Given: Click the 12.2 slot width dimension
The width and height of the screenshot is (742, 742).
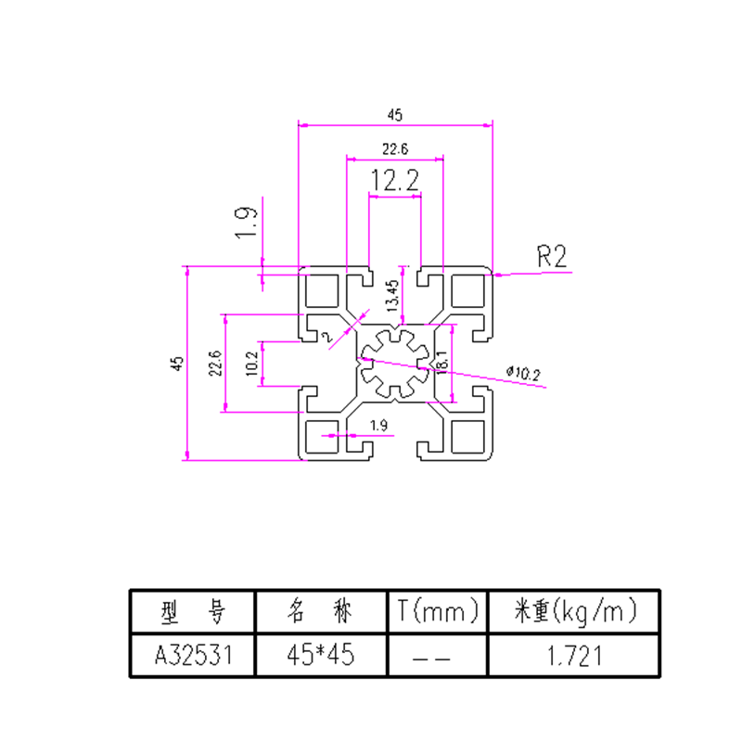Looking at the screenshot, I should tap(394, 181).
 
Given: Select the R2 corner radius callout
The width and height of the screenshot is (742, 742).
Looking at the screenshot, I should tap(552, 256).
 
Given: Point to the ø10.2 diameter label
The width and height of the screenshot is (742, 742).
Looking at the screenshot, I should tap(523, 373).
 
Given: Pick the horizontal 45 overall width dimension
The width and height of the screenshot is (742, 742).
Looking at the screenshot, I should tap(395, 115).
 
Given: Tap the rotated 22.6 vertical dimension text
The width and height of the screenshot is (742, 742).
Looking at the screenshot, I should tap(215, 364).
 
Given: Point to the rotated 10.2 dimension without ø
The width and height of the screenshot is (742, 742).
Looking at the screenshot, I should tap(251, 364).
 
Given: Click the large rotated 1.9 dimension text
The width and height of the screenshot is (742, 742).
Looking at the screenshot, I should tap(245, 224).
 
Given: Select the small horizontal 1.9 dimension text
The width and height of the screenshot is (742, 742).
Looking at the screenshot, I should tap(378, 426).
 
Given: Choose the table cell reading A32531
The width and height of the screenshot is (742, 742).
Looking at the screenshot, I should tap(191, 656).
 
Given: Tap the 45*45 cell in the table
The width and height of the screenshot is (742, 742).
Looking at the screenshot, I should tap(319, 656).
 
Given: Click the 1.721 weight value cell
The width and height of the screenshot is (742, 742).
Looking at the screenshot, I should tap(574, 656).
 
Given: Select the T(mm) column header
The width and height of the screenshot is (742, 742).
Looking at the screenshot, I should tap(437, 611).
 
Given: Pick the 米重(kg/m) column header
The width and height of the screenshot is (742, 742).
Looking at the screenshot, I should tap(574, 611).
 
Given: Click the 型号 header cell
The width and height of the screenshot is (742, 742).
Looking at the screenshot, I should tap(191, 611).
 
